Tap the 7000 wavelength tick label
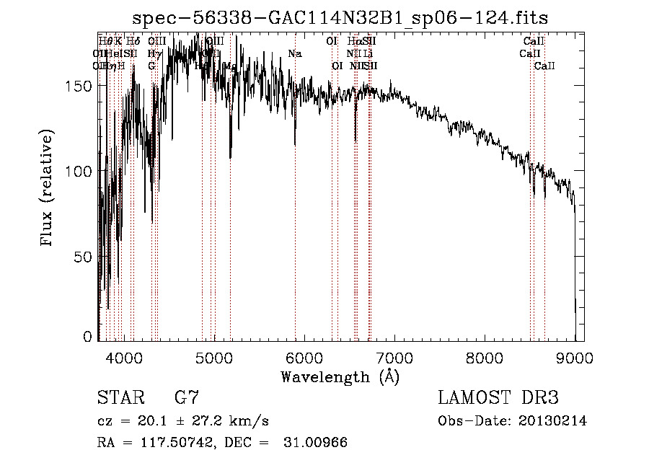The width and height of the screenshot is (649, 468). click(394, 358)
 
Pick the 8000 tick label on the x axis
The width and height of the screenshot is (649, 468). click(485, 358)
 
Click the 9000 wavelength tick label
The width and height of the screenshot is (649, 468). click(575, 358)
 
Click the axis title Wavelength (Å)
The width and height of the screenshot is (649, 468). click(340, 376)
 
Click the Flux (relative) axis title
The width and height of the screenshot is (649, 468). click(48, 189)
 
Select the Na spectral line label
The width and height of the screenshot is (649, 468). click(294, 54)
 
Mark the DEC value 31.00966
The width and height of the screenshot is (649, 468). click(317, 443)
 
